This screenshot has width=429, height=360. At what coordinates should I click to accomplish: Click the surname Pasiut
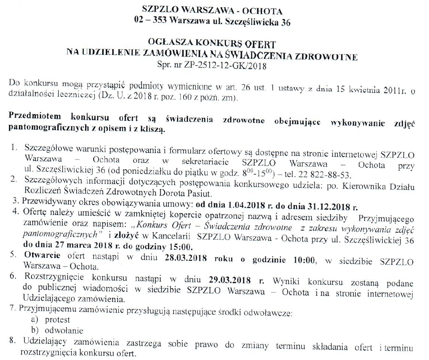[191, 194]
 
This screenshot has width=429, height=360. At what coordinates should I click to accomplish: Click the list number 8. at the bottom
[15, 340]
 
